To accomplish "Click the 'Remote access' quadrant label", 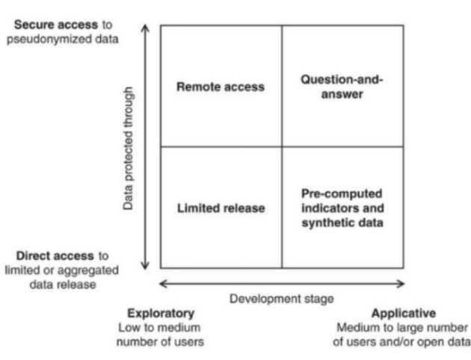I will click(220, 87).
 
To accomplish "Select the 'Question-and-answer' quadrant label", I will click(342, 87).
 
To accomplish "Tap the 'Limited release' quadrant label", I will click(221, 208).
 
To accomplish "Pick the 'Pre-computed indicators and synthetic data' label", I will click(342, 208).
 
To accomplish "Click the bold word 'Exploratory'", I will click(161, 314).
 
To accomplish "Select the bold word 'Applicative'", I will click(402, 314).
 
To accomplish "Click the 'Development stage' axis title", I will click(282, 298).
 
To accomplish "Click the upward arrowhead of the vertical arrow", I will click(147, 30).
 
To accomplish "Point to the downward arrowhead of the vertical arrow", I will click(147, 264).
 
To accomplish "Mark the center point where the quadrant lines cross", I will click(282, 147).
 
